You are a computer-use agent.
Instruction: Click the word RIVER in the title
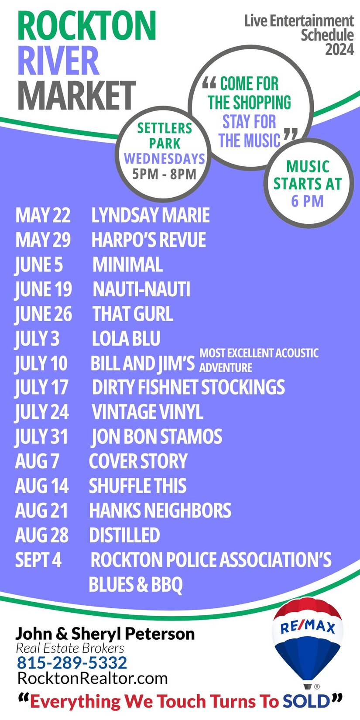pyautogui.click(x=58, y=60)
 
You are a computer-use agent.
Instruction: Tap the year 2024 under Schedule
pyautogui.click(x=339, y=49)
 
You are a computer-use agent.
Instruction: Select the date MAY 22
pyautogui.click(x=43, y=215)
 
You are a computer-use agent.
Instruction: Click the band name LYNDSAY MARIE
pyautogui.click(x=151, y=215)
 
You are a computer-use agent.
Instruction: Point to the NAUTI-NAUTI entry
pyautogui.click(x=141, y=289)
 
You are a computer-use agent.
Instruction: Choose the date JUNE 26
pyautogui.click(x=43, y=314)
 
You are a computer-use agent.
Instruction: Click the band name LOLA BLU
pyautogui.click(x=126, y=339)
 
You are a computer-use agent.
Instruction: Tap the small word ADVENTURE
pyautogui.click(x=226, y=368)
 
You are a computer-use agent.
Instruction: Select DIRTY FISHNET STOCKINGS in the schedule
pyautogui.click(x=189, y=387)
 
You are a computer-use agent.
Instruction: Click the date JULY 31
pyautogui.click(x=41, y=437)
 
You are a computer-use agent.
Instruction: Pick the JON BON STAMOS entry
pyautogui.click(x=157, y=436)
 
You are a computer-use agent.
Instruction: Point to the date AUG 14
pyautogui.click(x=42, y=486)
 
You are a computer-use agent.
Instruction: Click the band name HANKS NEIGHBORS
pyautogui.click(x=160, y=511)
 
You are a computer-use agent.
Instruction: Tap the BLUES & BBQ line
pyautogui.click(x=136, y=585)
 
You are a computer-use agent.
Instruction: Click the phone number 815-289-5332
pyautogui.click(x=72, y=663)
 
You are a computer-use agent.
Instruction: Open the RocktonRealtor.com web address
pyautogui.click(x=93, y=679)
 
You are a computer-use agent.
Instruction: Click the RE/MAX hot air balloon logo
pyautogui.click(x=307, y=643)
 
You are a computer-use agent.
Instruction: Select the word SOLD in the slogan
pyautogui.click(x=306, y=701)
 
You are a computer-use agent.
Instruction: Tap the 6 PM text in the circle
pyautogui.click(x=307, y=201)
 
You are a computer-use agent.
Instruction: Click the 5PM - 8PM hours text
pyautogui.click(x=164, y=174)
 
